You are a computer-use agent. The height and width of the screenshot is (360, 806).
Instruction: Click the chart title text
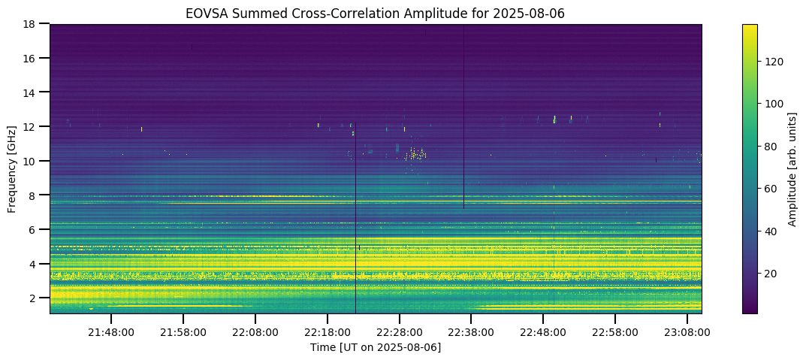point(375,13)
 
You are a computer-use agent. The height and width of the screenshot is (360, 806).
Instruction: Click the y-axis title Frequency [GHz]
point(12,169)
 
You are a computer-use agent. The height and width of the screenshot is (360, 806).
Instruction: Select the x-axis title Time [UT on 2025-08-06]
point(376,347)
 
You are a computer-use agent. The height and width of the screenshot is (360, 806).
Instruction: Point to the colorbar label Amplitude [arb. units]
point(792,169)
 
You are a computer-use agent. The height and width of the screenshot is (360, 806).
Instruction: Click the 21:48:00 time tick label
point(111,331)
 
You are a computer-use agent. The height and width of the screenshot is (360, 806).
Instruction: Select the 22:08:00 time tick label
point(255,331)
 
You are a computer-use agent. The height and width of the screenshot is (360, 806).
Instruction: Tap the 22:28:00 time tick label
point(400,331)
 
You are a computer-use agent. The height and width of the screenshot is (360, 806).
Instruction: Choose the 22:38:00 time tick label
point(472,331)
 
